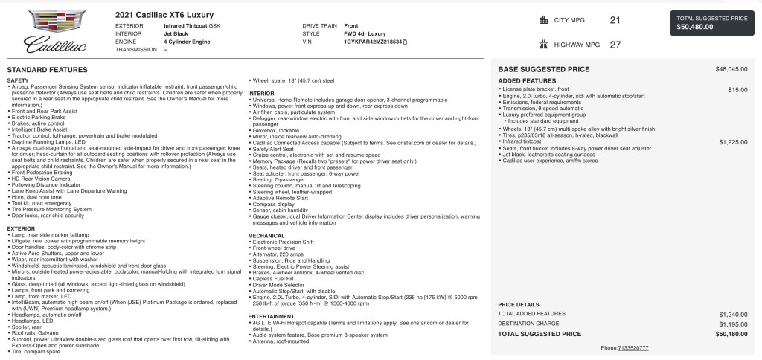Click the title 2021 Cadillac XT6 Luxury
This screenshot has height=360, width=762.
(x=165, y=15)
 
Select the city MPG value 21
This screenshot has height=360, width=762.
(x=615, y=20)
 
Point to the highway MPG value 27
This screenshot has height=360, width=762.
(x=615, y=45)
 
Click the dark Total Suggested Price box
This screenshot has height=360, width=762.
(x=711, y=22)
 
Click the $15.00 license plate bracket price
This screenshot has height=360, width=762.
(x=738, y=89)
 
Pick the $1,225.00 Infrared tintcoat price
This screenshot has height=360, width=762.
(x=733, y=141)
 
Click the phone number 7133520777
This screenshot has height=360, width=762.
(x=633, y=347)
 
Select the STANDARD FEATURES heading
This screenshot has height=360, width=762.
(x=48, y=69)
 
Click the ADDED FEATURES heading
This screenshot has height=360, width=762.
(x=527, y=80)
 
